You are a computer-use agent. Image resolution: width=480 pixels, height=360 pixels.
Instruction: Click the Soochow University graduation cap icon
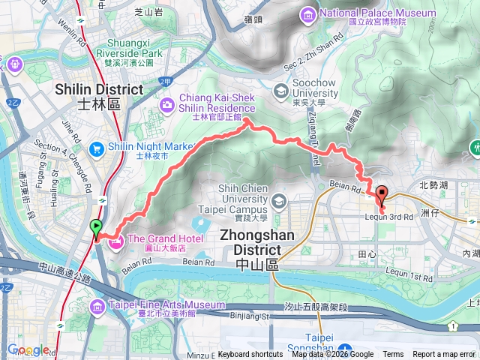280,91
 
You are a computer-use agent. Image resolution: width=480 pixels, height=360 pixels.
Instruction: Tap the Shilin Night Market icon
96,148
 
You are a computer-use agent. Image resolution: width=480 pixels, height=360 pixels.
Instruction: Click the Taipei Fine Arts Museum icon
97,305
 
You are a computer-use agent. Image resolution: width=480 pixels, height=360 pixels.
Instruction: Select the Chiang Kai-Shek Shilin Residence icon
167,102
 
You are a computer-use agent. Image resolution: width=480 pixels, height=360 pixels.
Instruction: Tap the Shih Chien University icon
280,200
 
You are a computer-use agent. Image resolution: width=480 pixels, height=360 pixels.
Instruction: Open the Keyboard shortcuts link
250,354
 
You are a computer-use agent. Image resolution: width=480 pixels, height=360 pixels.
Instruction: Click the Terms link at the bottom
393,354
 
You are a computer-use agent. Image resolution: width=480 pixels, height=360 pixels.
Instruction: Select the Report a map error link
445,354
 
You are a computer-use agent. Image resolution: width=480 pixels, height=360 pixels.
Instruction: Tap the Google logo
28,349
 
